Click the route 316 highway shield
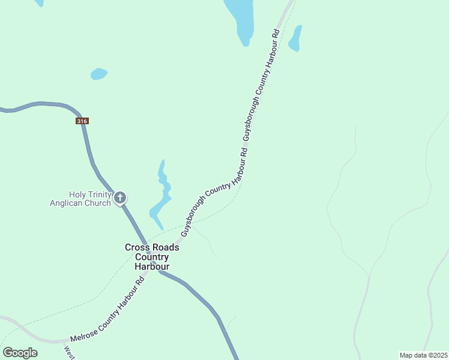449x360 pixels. [82, 121]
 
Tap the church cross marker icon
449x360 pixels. [120, 197]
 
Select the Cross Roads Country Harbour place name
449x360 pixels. [152, 257]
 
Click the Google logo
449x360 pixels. [20, 353]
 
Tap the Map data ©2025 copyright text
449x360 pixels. [424, 355]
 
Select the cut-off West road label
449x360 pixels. [69, 352]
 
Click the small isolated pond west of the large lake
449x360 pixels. [98, 74]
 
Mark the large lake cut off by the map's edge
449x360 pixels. [241, 18]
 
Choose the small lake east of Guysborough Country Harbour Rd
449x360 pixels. [295, 39]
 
